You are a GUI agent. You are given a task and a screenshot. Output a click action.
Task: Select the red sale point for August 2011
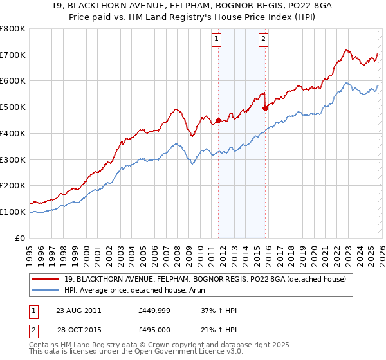[218, 120]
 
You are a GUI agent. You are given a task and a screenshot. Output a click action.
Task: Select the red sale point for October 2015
[266, 109]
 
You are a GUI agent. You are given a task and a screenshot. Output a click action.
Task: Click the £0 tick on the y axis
[21, 238]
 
